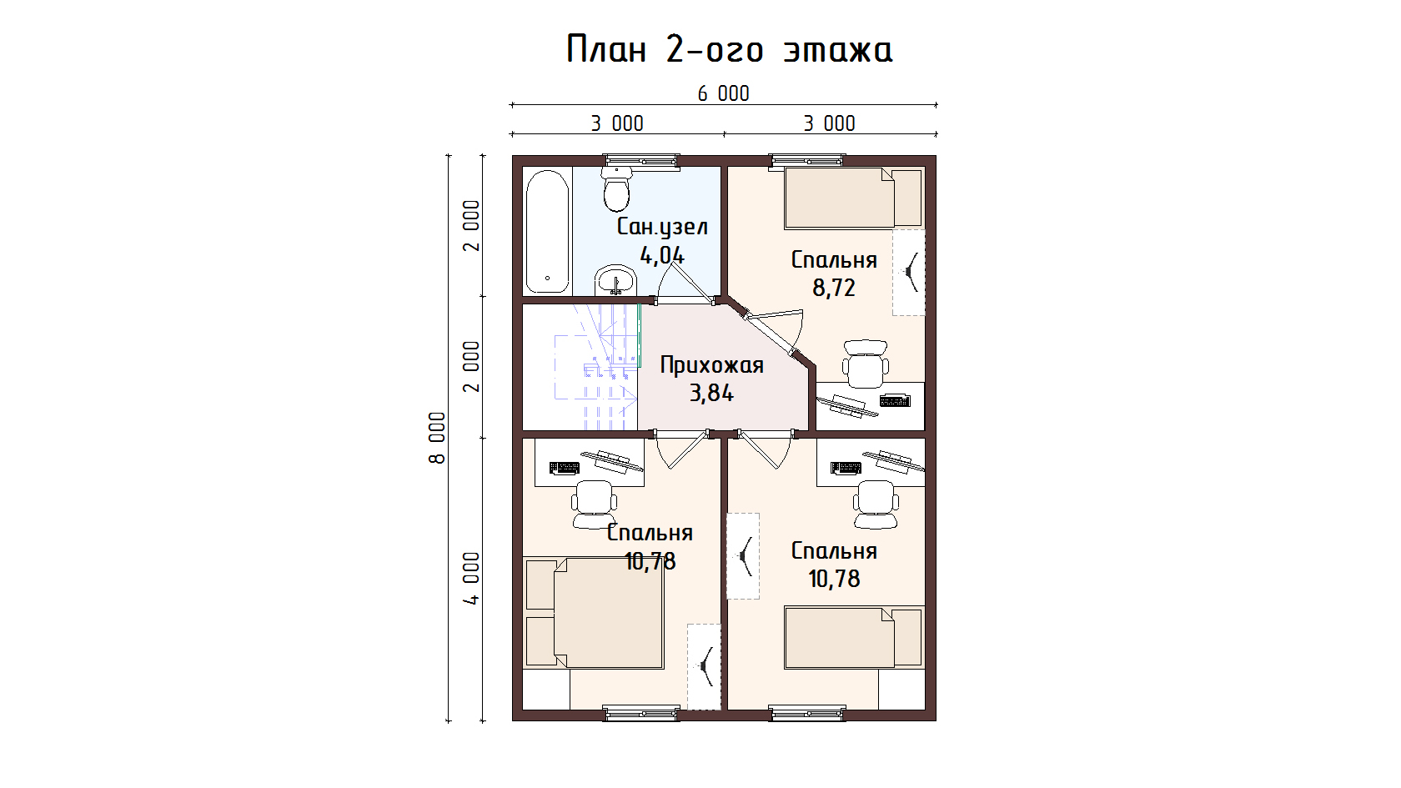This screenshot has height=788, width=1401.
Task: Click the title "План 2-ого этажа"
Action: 729,48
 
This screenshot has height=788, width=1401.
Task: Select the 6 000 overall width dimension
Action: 724,93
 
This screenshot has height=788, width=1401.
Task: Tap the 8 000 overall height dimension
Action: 437,438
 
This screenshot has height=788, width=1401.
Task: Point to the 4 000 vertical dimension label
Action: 471,579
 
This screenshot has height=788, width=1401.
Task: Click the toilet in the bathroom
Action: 617,188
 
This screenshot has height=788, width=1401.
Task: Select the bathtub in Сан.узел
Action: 548,232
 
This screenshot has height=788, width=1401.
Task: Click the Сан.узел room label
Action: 662,227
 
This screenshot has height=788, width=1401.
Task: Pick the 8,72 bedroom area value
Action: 834,288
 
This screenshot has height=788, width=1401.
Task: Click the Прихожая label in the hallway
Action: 712,365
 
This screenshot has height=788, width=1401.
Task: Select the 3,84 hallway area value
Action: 712,394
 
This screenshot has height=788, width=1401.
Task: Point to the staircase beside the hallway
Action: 580,367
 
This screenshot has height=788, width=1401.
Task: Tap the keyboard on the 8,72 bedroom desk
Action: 895,399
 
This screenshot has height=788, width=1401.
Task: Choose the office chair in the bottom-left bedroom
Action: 594,504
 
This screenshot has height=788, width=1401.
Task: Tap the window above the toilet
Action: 641,162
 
